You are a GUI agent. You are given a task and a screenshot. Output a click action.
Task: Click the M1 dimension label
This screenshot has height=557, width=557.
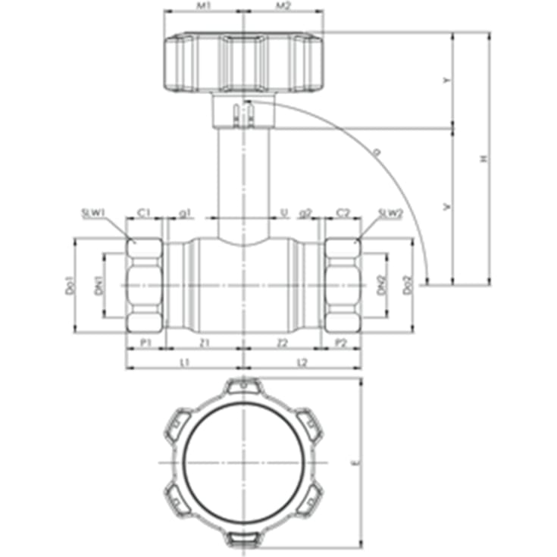click(203, 6)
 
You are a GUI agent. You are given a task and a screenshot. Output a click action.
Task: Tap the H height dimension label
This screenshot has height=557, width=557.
click(483, 159)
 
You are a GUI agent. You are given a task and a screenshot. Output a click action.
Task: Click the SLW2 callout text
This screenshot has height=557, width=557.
click(390, 213)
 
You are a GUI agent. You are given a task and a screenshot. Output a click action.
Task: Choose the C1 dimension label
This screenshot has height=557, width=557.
click(144, 213)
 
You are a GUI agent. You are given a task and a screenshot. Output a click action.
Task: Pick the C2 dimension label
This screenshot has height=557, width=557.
click(343, 213)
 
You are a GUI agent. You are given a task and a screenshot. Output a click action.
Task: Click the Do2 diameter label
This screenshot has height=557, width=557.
click(408, 286)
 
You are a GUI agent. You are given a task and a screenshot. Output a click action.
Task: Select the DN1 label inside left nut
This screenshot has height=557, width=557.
click(98, 286)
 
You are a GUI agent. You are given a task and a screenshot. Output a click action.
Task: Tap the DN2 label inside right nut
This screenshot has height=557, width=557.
click(381, 286)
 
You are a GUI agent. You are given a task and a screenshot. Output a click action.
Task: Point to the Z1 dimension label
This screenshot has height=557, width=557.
click(203, 343)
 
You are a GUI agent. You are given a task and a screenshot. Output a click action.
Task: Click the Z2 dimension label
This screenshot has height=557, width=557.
click(283, 343)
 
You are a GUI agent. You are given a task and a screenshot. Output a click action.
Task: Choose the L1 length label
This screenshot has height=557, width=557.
click(183, 363)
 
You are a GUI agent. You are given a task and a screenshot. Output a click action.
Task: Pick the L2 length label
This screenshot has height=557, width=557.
click(302, 363)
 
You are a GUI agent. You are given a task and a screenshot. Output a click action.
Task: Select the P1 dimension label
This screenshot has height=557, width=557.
click(145, 343)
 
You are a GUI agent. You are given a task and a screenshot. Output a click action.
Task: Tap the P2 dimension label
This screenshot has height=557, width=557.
click(342, 343)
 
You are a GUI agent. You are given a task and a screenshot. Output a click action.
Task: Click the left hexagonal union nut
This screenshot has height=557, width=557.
click(145, 286)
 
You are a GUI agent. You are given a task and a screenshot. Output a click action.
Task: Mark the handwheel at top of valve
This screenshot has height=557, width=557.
click(243, 62)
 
